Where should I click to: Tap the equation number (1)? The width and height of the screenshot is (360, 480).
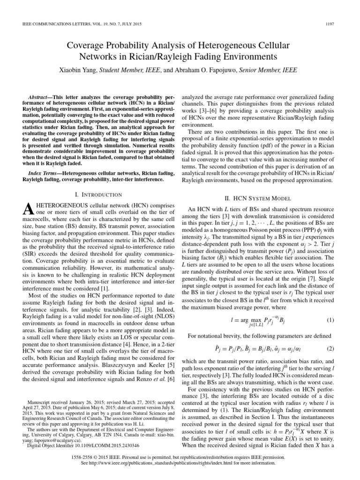click(329, 320)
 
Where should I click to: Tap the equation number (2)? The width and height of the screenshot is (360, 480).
click(329, 349)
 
